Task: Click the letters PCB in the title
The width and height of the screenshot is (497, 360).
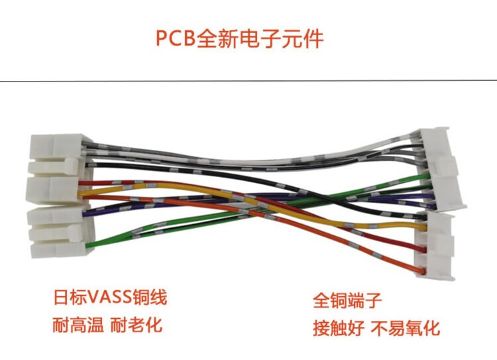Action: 176,38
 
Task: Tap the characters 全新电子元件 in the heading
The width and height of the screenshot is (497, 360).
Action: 260,38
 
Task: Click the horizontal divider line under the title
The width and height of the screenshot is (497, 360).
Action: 248,81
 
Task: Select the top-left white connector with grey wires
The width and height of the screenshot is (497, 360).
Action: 56,148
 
